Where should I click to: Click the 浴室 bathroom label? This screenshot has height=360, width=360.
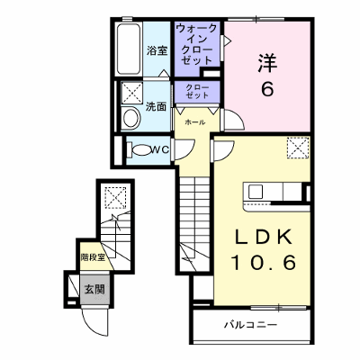pos(157,51)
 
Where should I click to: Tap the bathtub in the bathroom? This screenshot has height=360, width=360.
pos(129,49)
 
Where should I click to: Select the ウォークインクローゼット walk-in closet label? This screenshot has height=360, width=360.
pos(197,44)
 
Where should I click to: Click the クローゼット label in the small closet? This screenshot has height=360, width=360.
pos(197,92)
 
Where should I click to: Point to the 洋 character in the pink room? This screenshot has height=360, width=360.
pos(267,63)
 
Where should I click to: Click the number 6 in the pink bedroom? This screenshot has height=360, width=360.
pos(267,89)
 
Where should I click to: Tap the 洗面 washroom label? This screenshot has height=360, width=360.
pos(156,107)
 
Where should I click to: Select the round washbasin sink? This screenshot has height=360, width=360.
pos(131,117)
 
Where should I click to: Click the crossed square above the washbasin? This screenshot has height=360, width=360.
pos(131,93)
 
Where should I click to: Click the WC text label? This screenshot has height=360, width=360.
pos(160,150)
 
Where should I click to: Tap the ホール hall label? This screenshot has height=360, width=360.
pos(195,122)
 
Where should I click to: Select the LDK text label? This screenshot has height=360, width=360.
pos(263,237)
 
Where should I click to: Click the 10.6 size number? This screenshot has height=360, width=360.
pos(263,263)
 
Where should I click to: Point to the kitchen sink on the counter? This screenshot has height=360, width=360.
pos(256,192)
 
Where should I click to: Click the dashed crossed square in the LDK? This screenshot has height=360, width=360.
pos(298,148)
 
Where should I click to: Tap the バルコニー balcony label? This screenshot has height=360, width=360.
pos(251,325)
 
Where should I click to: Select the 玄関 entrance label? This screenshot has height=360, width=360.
pos(94,290)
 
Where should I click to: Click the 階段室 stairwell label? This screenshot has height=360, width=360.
pos(93,257)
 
